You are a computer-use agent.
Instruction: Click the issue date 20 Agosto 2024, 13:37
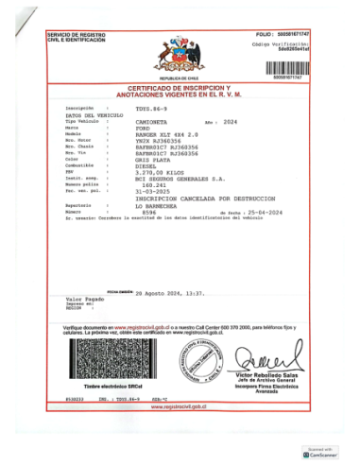(x=170, y=293)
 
